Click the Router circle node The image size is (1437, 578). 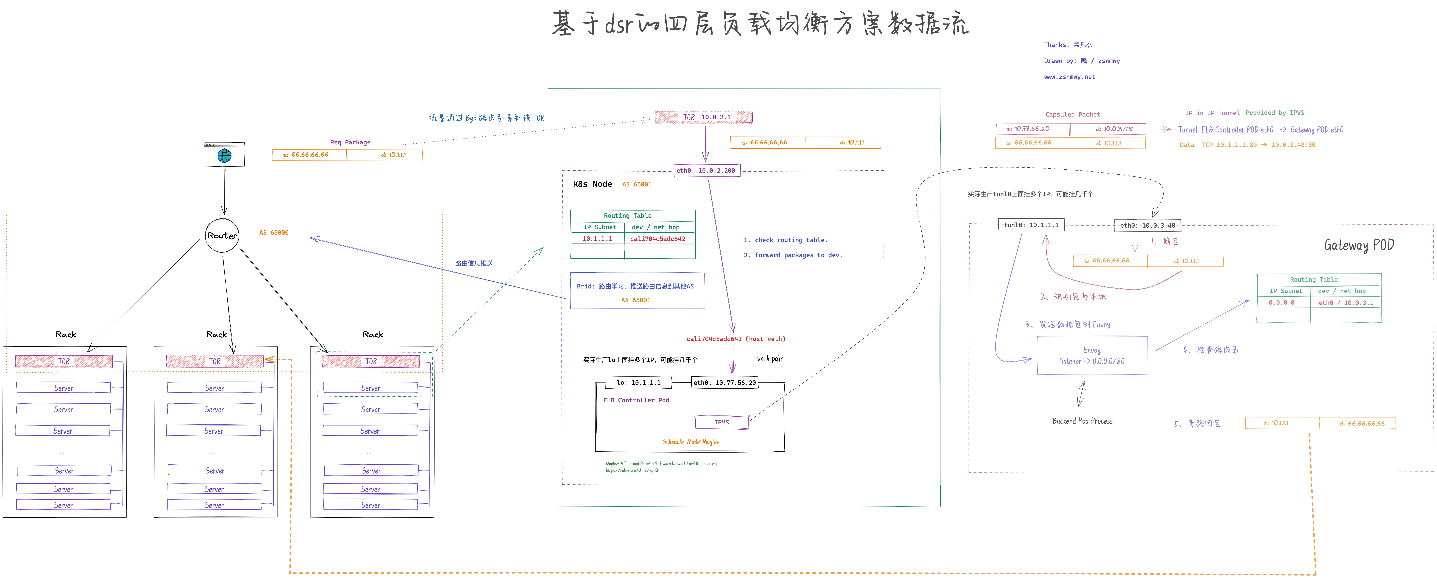(x=222, y=235)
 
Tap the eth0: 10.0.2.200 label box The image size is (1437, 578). (x=706, y=171)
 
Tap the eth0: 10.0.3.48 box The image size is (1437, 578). (x=1147, y=225)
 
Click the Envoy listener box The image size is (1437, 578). (x=1092, y=355)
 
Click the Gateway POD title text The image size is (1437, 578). (x=1359, y=245)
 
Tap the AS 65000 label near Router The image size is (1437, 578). (x=274, y=233)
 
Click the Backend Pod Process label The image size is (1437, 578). (x=1082, y=421)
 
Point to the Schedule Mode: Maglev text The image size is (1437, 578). (x=691, y=442)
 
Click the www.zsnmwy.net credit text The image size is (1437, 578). (x=1069, y=77)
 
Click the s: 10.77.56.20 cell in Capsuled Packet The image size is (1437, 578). (x=1032, y=129)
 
